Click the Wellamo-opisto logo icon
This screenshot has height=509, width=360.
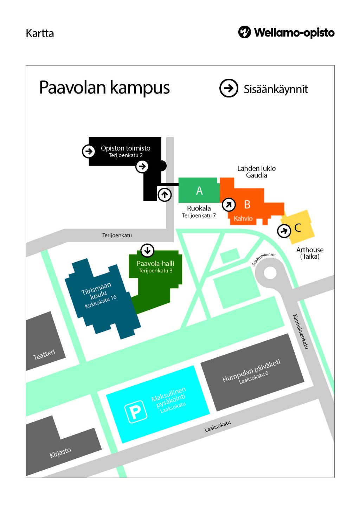coord(244,32)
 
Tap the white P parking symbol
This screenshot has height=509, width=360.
coord(136,411)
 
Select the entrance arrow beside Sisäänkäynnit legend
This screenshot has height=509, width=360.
coord(229,88)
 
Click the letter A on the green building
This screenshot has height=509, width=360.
coord(199,191)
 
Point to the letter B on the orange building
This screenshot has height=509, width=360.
coord(247,204)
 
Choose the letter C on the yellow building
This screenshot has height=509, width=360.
coord(298,228)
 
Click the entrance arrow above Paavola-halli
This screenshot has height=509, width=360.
coord(147,250)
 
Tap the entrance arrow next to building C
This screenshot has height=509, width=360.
coord(284,231)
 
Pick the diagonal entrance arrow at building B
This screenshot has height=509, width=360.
coord(229,204)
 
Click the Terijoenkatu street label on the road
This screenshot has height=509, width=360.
coord(117,235)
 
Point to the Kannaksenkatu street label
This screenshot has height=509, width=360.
coord(301,331)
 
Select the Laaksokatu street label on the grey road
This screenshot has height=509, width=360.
coord(218,426)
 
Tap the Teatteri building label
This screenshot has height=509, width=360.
coord(44,354)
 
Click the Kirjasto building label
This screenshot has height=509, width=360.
coord(60,452)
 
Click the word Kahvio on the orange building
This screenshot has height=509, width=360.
coord(243,218)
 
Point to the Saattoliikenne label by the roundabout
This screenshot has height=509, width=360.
coord(264,258)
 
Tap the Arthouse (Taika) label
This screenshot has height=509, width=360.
coord(310,253)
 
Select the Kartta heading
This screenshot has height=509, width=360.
coord(40,33)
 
